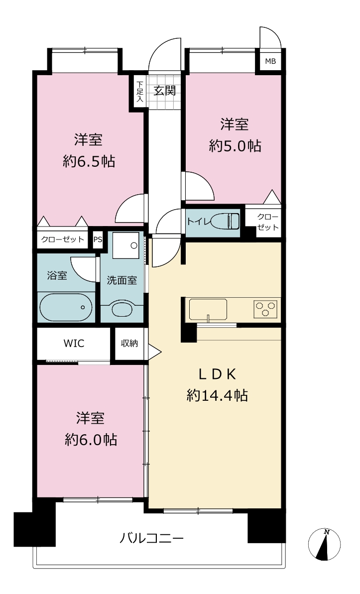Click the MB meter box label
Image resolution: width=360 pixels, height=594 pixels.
pos(270,61)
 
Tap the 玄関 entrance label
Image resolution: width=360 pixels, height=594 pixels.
pos(165,91)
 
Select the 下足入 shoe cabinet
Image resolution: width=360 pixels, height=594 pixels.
pos(140,91)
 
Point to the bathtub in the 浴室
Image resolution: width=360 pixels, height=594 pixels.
pos(66,307)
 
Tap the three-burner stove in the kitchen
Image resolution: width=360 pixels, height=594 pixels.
pos(265,308)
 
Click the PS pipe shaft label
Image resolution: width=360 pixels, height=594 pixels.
pos(98,239)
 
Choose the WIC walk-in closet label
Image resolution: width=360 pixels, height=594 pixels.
pos(74,344)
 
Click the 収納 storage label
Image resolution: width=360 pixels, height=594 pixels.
pos(129,343)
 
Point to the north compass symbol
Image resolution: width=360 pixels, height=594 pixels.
pos(324,544)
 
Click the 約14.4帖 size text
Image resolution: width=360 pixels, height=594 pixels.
pos(218,396)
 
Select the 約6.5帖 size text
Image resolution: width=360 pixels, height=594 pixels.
pos(89,162)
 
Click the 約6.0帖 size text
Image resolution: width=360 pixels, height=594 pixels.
pos(91,440)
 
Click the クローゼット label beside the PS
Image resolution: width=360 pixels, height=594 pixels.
pos(63,239)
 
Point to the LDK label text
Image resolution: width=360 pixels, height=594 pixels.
pos(218,374)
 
